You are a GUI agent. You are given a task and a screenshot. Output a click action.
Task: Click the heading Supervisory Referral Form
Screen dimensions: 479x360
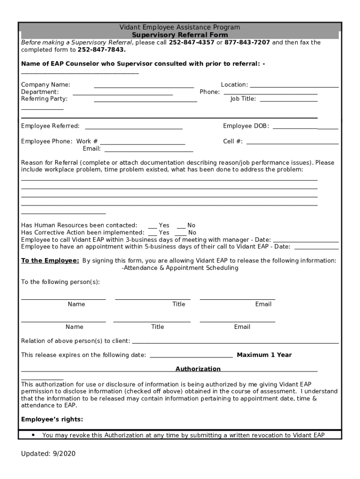(180, 35)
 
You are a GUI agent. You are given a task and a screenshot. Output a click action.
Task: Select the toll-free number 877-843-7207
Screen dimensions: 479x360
(247, 43)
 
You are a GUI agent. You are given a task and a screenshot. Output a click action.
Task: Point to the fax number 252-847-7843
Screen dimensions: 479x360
(95, 50)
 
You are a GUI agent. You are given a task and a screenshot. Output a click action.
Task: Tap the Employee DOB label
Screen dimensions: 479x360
(246, 126)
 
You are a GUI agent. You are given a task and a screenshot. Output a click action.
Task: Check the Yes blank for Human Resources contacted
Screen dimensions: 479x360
(152, 227)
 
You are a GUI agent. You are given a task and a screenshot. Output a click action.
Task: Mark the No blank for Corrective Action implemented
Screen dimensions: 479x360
(180, 235)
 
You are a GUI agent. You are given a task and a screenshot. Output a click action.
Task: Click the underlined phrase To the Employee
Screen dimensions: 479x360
(50, 261)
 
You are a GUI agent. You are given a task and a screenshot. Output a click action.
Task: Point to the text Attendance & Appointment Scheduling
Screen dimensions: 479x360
(180, 268)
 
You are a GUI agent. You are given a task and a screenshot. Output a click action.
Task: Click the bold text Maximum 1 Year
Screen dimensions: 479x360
(264, 355)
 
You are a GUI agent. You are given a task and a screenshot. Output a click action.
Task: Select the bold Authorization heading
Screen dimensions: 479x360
(198, 369)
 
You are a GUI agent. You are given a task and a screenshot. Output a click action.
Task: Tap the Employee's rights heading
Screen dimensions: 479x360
(52, 419)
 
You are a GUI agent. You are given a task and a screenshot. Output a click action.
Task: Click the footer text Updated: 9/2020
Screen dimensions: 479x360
(48, 454)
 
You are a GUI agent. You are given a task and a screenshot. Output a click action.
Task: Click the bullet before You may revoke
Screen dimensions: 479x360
(33, 435)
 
